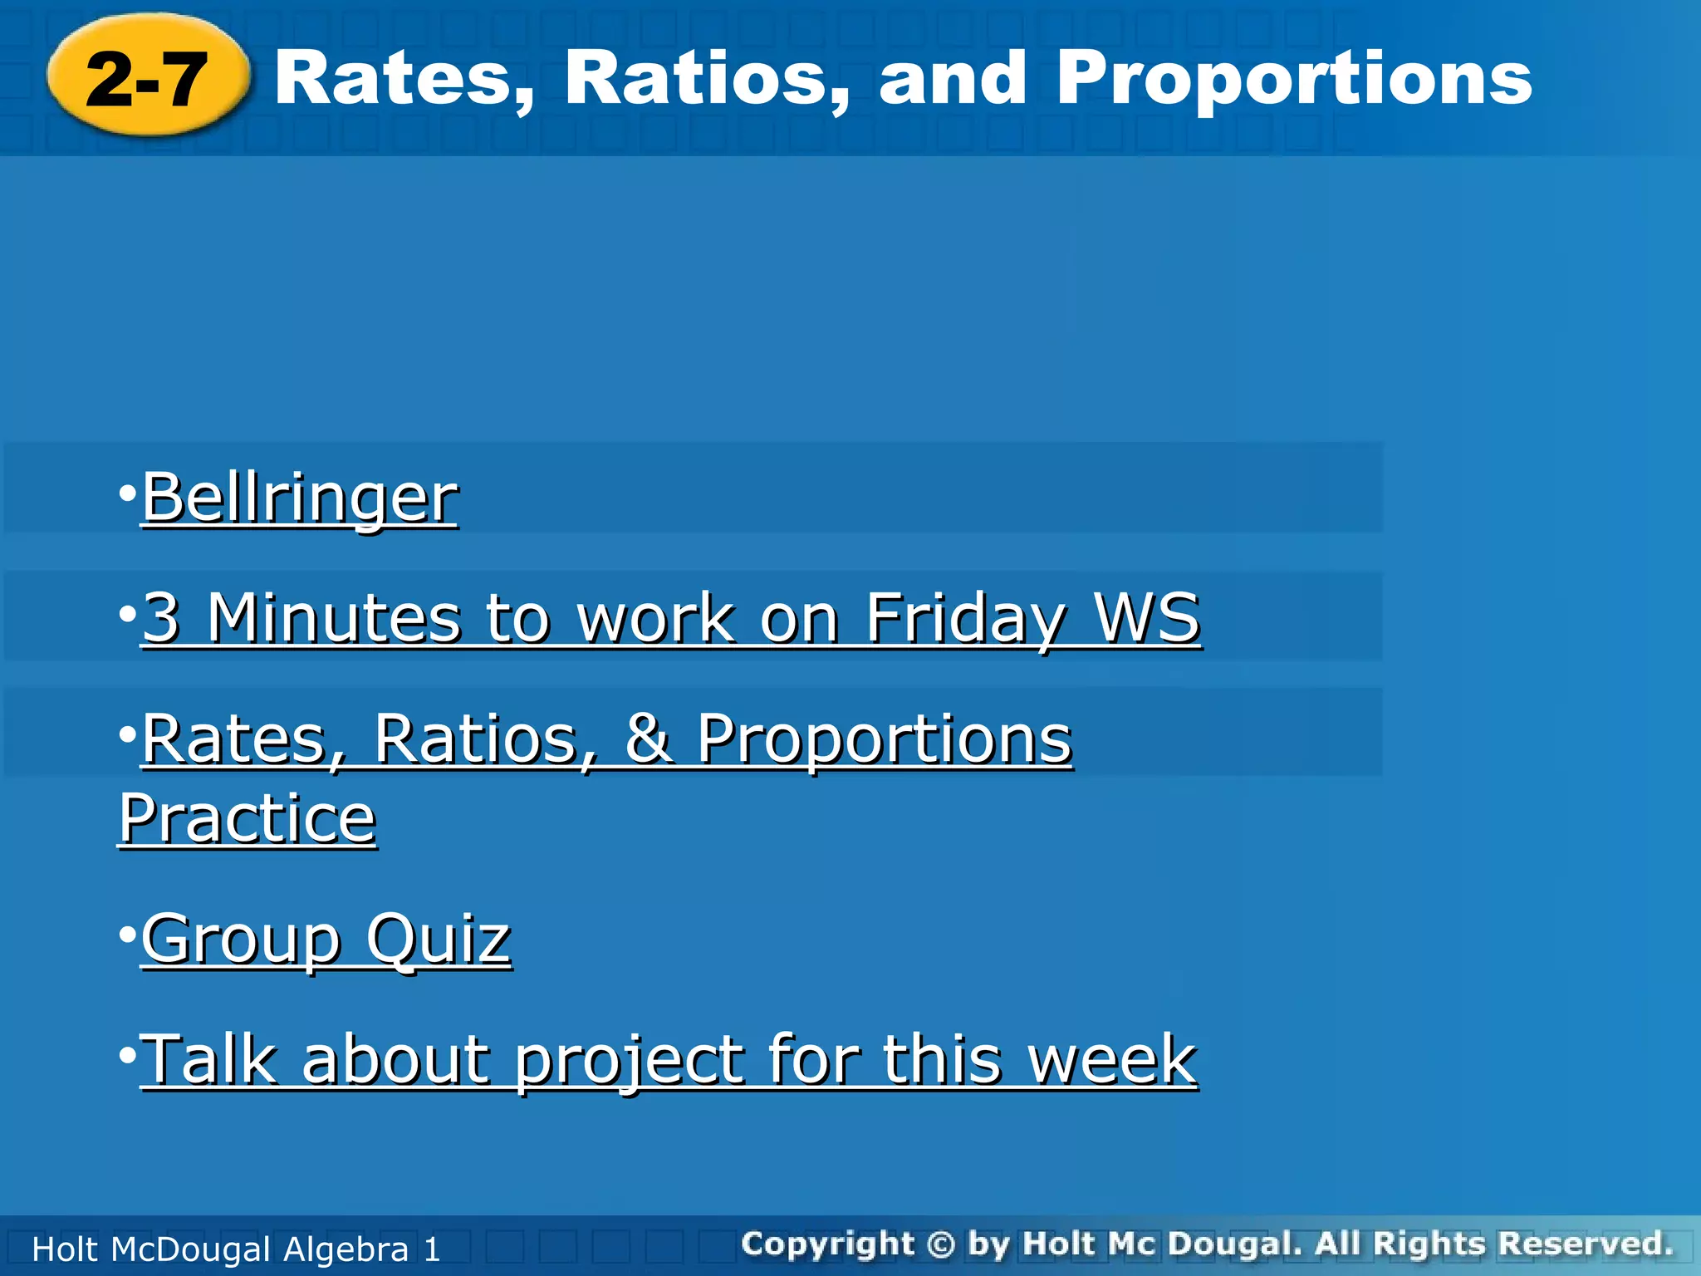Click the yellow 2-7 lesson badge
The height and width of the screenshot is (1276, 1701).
click(148, 76)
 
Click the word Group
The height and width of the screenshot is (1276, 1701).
click(241, 939)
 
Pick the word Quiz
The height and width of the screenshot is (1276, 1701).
click(439, 939)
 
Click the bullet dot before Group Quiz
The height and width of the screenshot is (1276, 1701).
click(127, 935)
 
